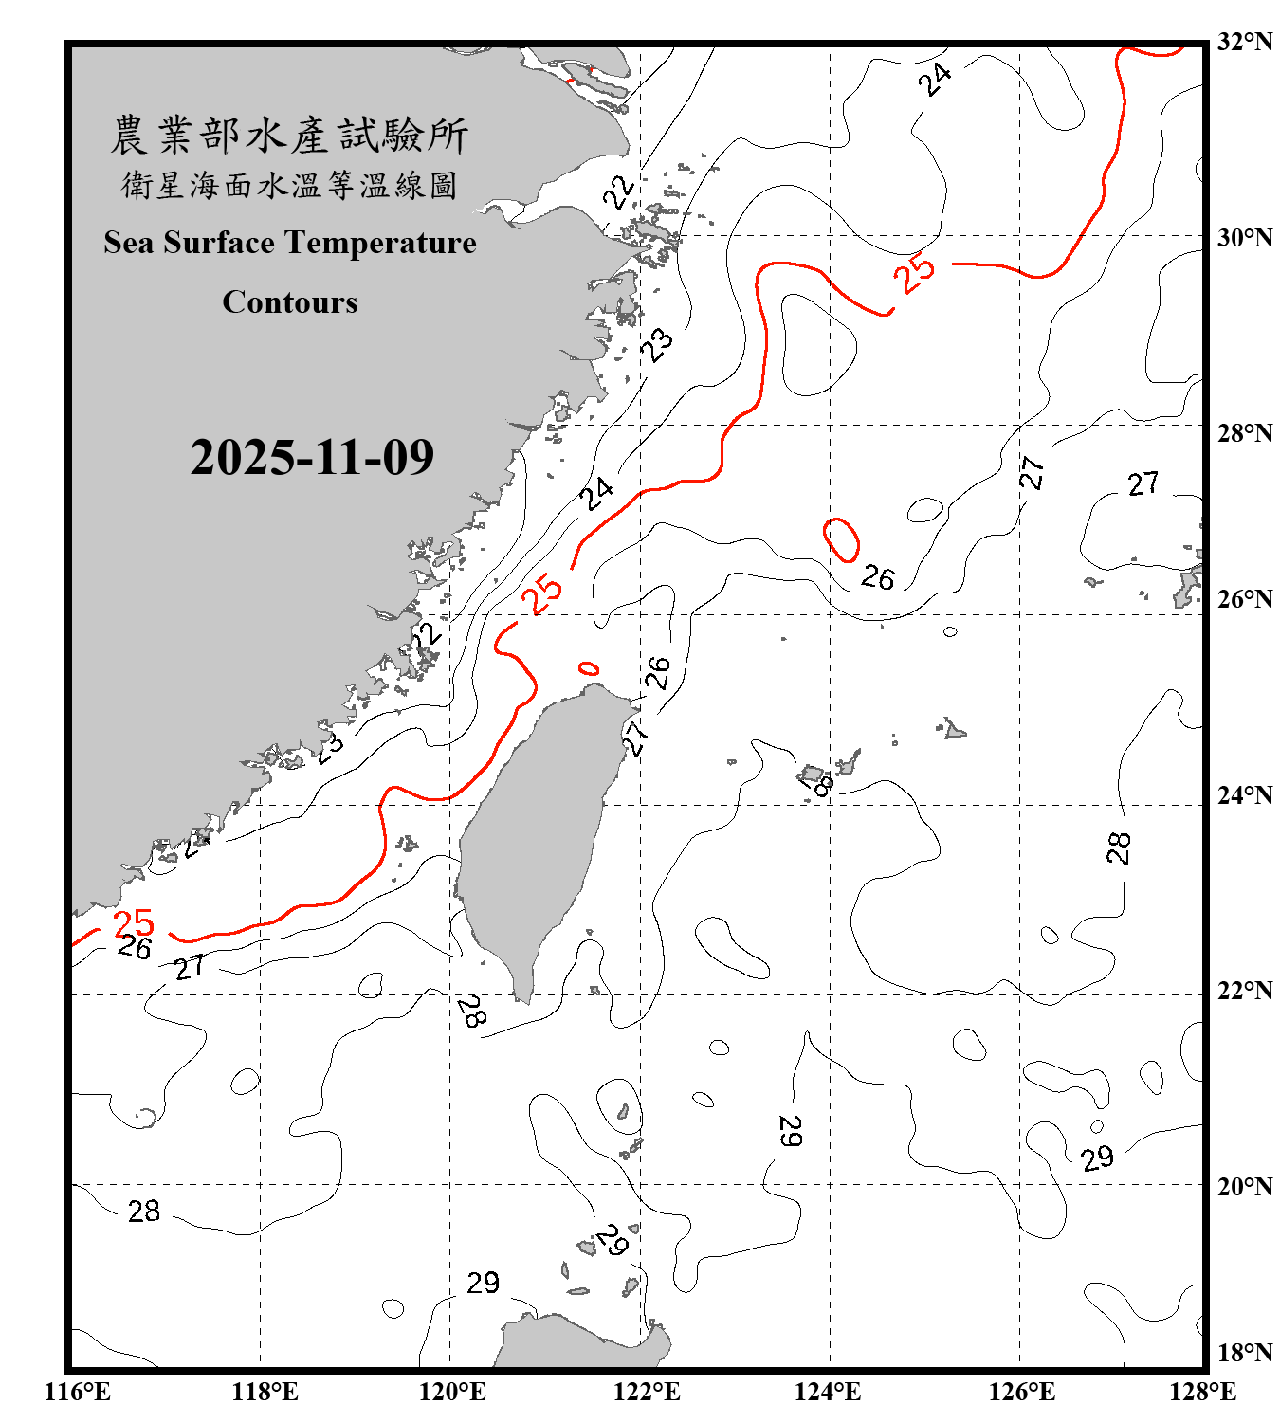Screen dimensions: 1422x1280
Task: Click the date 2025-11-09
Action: pyautogui.click(x=312, y=457)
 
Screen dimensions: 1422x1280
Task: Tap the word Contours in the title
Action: pyautogui.click(x=290, y=301)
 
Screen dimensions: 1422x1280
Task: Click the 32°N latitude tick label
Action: pyautogui.click(x=1245, y=42)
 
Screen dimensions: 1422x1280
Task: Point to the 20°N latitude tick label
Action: pyautogui.click(x=1245, y=1186)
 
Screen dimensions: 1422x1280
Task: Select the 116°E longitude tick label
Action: pyautogui.click(x=77, y=1392)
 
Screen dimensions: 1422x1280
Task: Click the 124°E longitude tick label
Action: pyautogui.click(x=828, y=1392)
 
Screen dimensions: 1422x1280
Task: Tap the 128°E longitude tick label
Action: pyautogui.click(x=1202, y=1392)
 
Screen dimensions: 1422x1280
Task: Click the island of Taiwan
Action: pyautogui.click(x=536, y=834)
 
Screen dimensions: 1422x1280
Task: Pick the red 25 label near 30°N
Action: pyautogui.click(x=915, y=274)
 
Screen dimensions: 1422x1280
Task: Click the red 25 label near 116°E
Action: pyautogui.click(x=133, y=922)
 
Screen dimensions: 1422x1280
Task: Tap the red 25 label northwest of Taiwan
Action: pyautogui.click(x=543, y=594)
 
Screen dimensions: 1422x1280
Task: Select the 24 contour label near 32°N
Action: pyautogui.click(x=935, y=79)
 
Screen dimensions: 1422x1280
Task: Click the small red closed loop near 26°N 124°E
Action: pyautogui.click(x=841, y=539)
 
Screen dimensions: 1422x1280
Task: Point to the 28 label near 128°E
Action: pyautogui.click(x=1119, y=847)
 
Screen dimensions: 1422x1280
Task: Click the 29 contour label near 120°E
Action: pyautogui.click(x=483, y=1283)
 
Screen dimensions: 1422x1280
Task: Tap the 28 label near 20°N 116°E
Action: pyautogui.click(x=144, y=1211)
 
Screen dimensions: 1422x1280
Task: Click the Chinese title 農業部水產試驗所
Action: pyautogui.click(x=289, y=135)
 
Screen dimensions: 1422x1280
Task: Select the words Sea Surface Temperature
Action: pyautogui.click(x=290, y=243)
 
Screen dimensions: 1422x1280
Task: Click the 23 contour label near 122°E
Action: pyautogui.click(x=656, y=344)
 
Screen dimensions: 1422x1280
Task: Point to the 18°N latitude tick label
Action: pyautogui.click(x=1245, y=1353)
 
